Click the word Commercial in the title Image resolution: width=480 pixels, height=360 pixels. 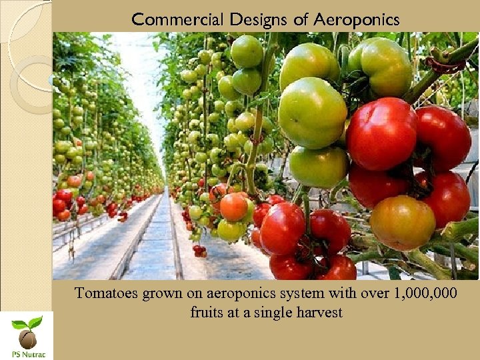[x=178, y=19]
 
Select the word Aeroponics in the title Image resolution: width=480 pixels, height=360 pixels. [x=357, y=19]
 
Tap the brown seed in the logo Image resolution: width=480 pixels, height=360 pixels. [x=27, y=339]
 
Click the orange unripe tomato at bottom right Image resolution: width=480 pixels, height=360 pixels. [x=402, y=223]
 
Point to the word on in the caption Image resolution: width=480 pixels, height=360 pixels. [x=189, y=293]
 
